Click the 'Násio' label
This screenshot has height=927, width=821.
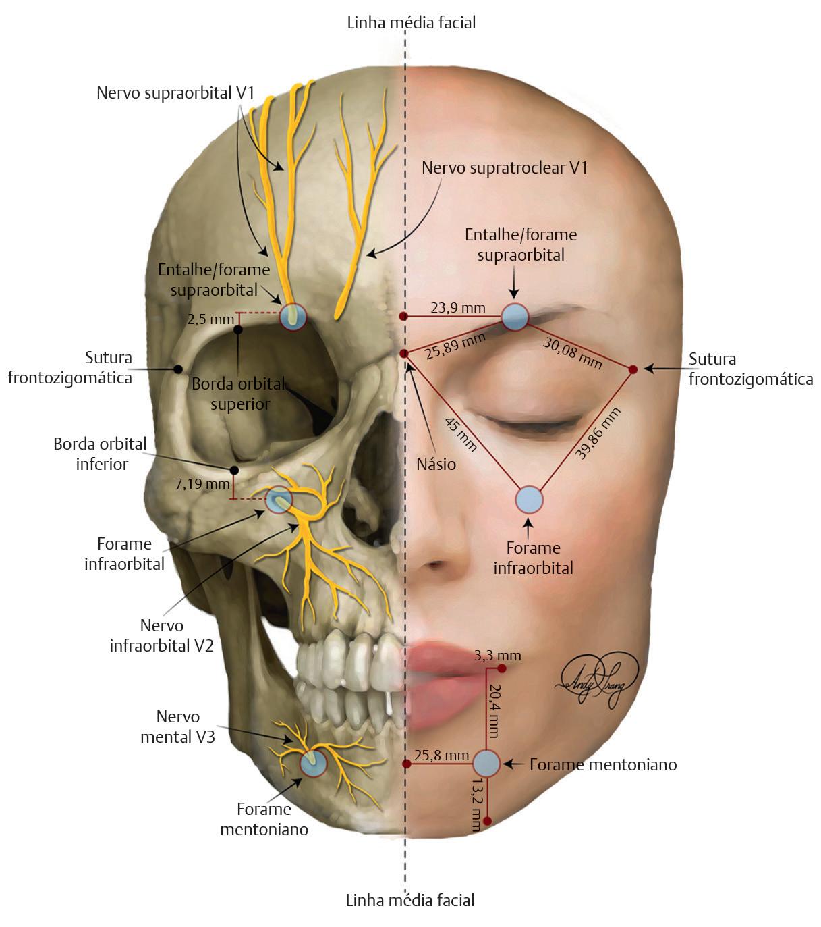click(x=436, y=465)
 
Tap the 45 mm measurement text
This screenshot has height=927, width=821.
click(x=460, y=434)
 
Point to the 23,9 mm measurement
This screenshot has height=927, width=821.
click(x=458, y=308)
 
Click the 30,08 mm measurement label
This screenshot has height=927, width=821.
click(x=573, y=353)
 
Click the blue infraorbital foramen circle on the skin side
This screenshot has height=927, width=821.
click(x=529, y=500)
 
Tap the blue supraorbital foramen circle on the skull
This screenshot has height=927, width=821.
click(x=293, y=316)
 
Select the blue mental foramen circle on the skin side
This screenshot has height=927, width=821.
click(x=486, y=764)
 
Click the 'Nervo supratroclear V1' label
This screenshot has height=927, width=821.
click(x=504, y=167)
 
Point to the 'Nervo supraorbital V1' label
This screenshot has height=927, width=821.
click(x=175, y=92)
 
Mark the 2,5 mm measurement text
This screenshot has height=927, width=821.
click(x=210, y=319)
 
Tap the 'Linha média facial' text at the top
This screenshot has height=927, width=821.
click(x=411, y=22)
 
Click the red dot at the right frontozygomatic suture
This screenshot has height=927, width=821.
click(x=633, y=369)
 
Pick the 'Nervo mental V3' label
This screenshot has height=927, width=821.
click(x=177, y=726)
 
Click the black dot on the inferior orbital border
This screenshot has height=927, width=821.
click(x=234, y=470)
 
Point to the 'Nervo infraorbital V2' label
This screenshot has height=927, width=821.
click(x=162, y=635)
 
